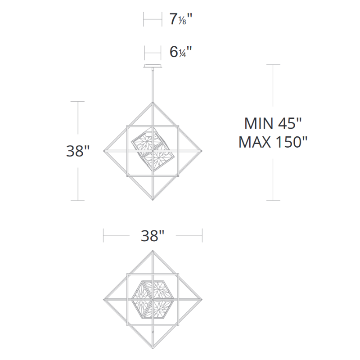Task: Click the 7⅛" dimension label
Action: [x=181, y=19]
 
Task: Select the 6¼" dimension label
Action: [x=181, y=52]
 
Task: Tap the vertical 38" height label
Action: [x=77, y=151]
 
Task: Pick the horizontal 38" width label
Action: [x=153, y=235]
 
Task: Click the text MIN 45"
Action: [x=273, y=123]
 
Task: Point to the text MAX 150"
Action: [x=273, y=142]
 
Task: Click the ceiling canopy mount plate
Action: [x=153, y=66]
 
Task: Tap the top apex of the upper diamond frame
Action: [x=153, y=103]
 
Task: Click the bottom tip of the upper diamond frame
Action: [x=153, y=200]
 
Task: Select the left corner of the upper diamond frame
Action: [x=103, y=151]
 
